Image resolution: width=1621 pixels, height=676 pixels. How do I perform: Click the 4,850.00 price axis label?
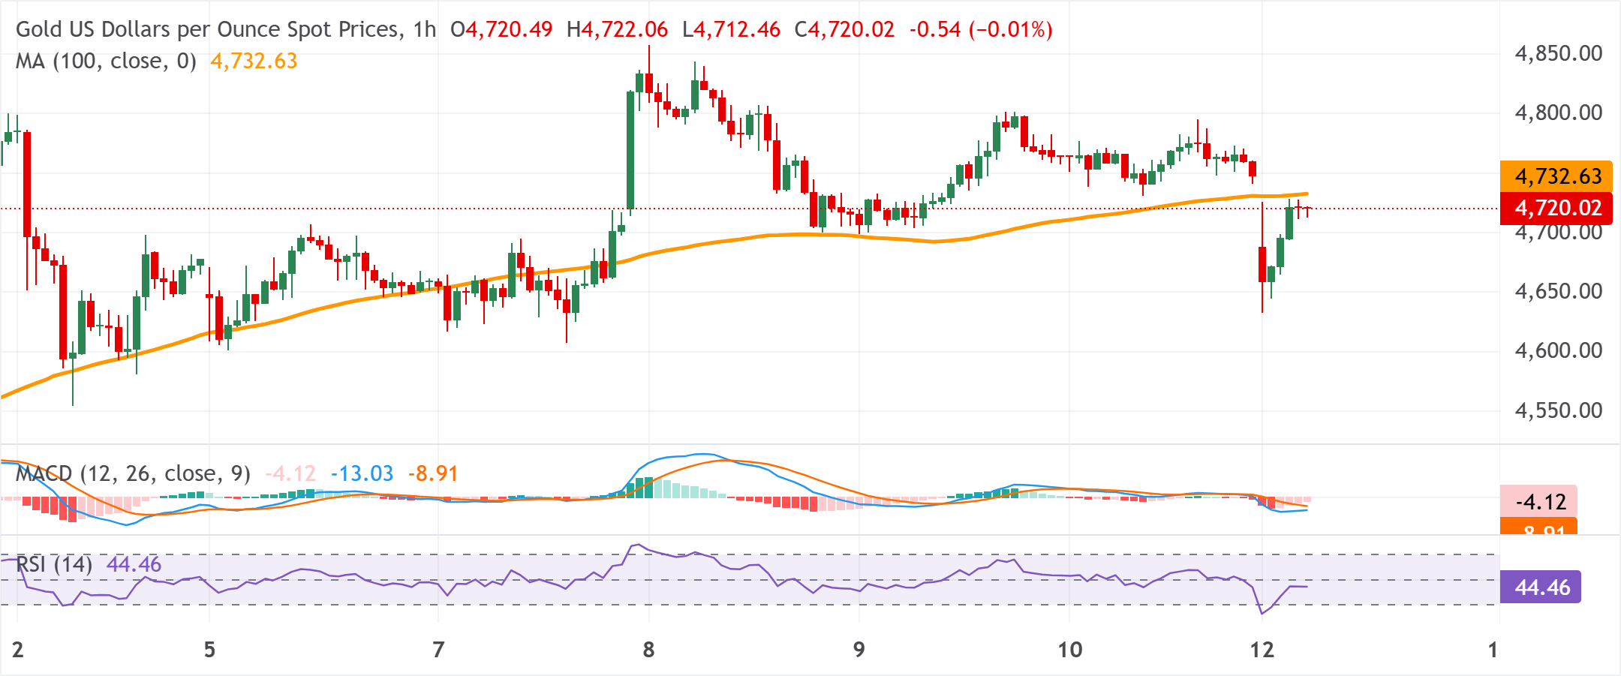[1558, 53]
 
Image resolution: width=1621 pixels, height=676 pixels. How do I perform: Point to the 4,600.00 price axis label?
[1558, 350]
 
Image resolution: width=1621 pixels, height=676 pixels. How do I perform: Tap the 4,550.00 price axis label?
[1558, 410]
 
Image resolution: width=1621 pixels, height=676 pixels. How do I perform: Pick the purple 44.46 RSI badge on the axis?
[1541, 587]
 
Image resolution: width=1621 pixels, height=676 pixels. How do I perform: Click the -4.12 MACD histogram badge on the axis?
[1539, 501]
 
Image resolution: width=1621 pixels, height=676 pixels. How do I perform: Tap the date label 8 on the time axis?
[648, 649]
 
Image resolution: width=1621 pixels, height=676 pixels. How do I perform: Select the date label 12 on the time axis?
[1262, 649]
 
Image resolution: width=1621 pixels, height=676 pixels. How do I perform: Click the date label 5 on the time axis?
[209, 649]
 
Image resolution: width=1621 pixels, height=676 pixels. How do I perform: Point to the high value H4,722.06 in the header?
[617, 29]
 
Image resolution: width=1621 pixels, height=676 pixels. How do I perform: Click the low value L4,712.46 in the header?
[731, 29]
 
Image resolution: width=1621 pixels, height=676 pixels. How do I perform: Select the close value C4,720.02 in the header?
[844, 29]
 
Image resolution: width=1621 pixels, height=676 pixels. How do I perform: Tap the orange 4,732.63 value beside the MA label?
[254, 61]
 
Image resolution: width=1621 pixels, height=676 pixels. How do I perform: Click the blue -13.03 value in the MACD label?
[362, 473]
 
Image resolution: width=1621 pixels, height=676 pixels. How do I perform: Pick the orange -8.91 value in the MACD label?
[433, 473]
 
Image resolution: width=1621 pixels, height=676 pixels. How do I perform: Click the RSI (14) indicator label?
[54, 564]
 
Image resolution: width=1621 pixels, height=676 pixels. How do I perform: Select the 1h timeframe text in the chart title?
[424, 29]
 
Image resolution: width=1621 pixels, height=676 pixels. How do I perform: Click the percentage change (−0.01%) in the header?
[1010, 29]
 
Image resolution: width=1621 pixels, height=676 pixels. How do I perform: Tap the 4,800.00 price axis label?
[1558, 113]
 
